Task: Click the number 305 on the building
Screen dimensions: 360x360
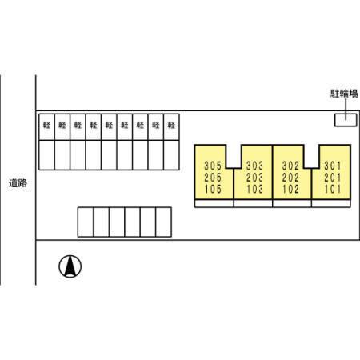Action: (213, 166)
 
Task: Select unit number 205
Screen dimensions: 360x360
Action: (213, 178)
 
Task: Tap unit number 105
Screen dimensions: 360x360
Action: (213, 189)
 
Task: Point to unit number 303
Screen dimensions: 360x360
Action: (254, 166)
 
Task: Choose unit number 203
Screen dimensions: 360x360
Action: (254, 178)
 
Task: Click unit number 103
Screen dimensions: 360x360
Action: (254, 189)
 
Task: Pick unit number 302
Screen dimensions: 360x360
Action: (290, 166)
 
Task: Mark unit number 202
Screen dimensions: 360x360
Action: (290, 178)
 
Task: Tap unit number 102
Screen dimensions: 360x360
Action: (290, 189)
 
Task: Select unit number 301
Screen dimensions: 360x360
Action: (333, 166)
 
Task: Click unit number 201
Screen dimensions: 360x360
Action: (333, 178)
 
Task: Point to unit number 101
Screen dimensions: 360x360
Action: (333, 189)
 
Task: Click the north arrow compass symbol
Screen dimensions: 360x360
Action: (70, 266)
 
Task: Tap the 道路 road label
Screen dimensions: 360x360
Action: (18, 183)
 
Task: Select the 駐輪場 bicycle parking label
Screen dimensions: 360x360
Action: (344, 94)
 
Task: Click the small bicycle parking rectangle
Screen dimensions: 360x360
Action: (346, 120)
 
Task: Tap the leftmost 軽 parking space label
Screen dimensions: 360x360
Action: (46, 125)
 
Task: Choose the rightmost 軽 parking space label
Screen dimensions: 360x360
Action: (171, 125)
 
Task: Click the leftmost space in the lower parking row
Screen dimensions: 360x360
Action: (86, 222)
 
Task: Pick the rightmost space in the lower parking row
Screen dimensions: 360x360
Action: (164, 222)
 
